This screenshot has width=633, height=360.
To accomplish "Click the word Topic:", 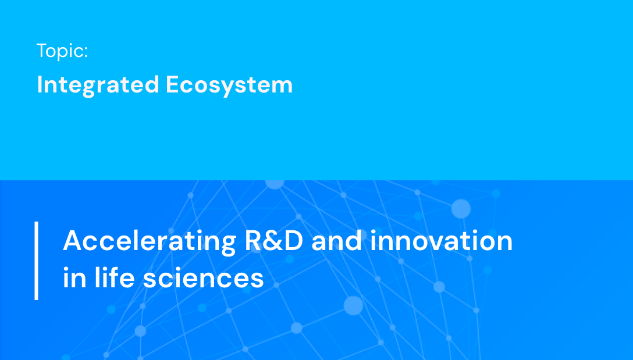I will point(62,51).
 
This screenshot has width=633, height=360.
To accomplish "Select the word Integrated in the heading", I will point(98,85).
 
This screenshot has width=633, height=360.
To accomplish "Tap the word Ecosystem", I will point(229,85).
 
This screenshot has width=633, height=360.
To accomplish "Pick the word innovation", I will point(442,241).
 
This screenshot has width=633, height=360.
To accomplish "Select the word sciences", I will point(204,279).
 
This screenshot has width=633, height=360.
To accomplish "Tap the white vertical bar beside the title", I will point(36,260).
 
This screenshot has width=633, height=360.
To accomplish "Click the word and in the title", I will point(337,241).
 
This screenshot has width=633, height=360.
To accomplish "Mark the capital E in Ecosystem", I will point(172,85).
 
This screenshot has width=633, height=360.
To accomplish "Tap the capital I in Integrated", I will point(40,85).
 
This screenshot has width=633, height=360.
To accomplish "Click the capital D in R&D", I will point(294,241).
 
